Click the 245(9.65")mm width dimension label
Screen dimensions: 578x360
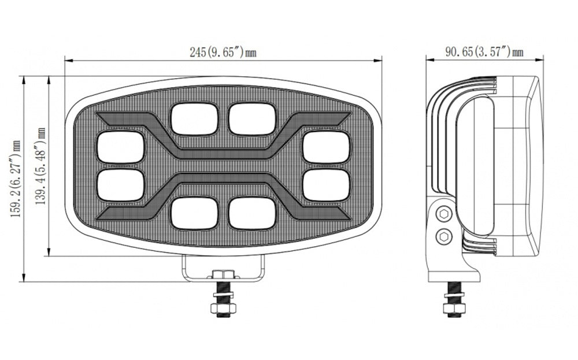(x=223, y=52)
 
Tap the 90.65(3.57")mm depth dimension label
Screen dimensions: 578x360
(x=484, y=51)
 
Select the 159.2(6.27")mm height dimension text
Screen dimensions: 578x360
(x=16, y=179)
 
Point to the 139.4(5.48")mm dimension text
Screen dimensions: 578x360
(x=40, y=166)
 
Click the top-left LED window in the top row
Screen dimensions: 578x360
(x=194, y=118)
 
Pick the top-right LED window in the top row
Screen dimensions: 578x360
(x=252, y=118)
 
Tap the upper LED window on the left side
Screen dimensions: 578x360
(x=121, y=147)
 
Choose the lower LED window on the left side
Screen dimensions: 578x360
(x=121, y=185)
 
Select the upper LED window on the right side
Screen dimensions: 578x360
(x=326, y=147)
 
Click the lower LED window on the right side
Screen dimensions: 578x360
(x=326, y=185)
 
